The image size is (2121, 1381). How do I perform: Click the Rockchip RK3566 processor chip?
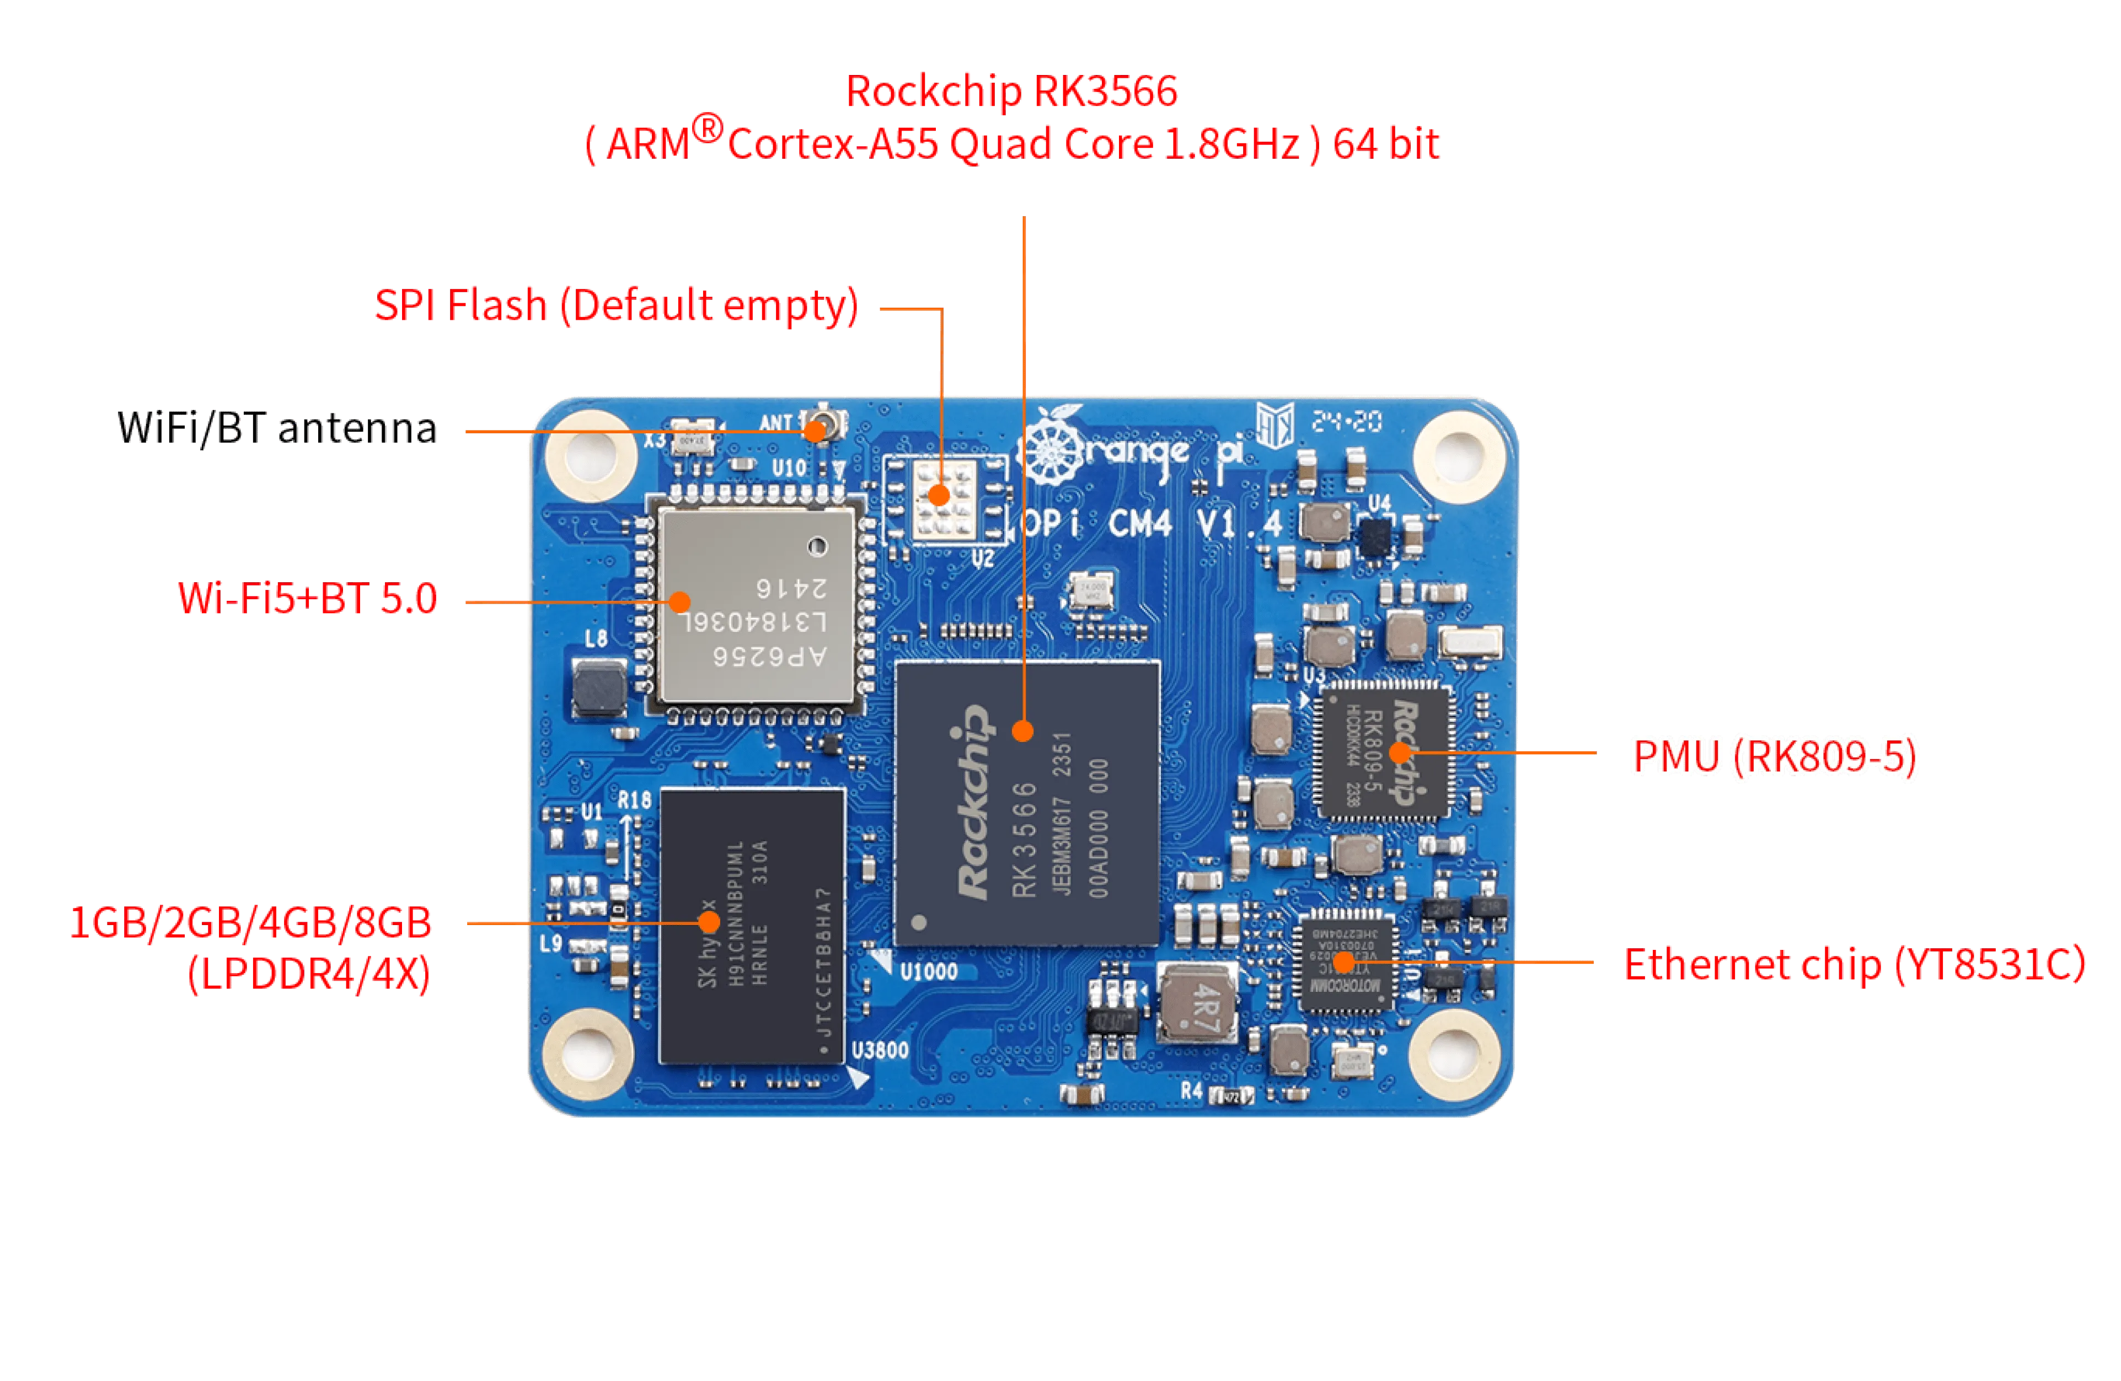click(1027, 802)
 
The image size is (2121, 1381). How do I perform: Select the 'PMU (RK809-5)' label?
click(1774, 755)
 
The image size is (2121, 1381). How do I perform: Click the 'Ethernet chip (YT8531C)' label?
click(1854, 965)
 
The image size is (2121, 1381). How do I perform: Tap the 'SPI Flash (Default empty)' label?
click(617, 305)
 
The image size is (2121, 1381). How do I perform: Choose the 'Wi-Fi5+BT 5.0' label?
click(308, 599)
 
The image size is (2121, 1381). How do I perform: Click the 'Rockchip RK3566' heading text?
click(1011, 92)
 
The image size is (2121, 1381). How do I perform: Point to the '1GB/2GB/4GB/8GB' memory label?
click(251, 923)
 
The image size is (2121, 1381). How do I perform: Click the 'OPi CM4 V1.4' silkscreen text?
click(1150, 524)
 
